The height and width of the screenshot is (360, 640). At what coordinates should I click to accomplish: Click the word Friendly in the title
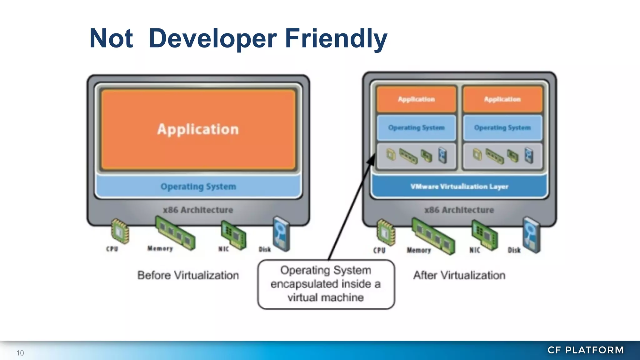(336, 38)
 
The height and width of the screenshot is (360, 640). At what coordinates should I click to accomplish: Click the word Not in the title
(111, 38)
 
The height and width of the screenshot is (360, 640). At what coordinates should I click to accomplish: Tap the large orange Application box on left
(198, 129)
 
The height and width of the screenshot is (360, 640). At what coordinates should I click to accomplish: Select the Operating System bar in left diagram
(198, 187)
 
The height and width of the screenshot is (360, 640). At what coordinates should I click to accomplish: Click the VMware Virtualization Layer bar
(459, 187)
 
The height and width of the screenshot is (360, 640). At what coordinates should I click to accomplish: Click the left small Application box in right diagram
(416, 99)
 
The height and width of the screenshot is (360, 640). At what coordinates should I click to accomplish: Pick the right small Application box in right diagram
(502, 99)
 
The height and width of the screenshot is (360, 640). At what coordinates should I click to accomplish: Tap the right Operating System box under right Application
(502, 128)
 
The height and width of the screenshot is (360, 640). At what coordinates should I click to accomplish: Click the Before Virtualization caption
(188, 275)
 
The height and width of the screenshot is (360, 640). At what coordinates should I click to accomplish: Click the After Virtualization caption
(459, 275)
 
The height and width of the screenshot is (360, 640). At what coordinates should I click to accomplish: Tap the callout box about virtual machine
(326, 284)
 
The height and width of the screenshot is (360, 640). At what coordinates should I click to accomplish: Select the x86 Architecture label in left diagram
(198, 210)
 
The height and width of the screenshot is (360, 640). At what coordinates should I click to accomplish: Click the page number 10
(20, 353)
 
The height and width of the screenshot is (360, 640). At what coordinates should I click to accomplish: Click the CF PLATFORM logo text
(586, 350)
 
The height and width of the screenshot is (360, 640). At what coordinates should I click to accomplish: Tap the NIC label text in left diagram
(223, 249)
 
